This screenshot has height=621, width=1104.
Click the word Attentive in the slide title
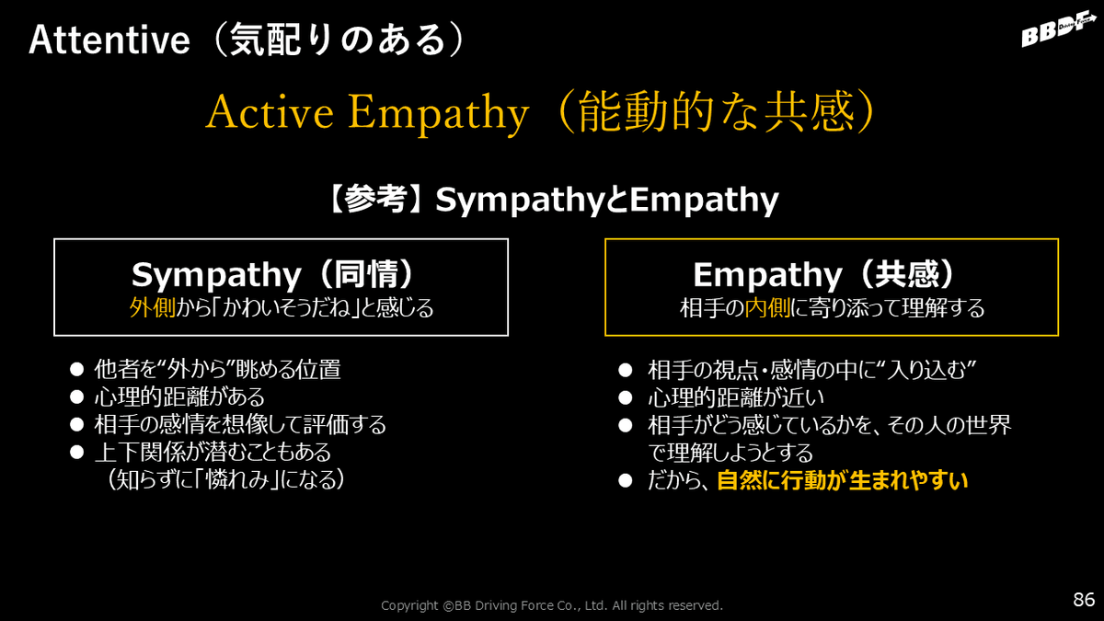[x=109, y=40]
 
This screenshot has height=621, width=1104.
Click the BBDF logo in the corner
[x=1059, y=30]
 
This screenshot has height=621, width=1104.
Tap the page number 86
[x=1084, y=599]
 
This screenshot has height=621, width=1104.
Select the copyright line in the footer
[x=551, y=605]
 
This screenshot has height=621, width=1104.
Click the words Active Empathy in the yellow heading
[x=367, y=113]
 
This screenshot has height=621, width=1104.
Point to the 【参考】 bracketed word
[x=375, y=200]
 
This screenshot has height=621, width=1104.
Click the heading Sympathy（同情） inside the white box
[x=274, y=274]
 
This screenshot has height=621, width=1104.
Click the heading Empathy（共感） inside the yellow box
[x=825, y=274]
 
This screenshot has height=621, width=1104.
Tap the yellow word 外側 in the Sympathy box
[x=153, y=308]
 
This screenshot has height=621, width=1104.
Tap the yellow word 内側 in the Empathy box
[x=767, y=308]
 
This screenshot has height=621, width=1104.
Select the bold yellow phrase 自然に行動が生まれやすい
[x=843, y=480]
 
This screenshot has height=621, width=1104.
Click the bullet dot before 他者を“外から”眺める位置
[x=77, y=369]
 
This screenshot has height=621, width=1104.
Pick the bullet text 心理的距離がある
[x=179, y=397]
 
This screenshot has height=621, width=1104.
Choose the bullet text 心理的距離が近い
[x=736, y=397]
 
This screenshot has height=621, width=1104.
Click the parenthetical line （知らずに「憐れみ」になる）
[x=225, y=479]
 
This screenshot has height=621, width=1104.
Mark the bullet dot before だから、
[x=625, y=480]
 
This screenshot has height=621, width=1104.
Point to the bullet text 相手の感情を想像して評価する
[x=240, y=425]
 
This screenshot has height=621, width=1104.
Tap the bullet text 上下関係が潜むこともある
[x=213, y=453]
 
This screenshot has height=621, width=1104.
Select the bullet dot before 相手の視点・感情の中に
[x=625, y=370]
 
